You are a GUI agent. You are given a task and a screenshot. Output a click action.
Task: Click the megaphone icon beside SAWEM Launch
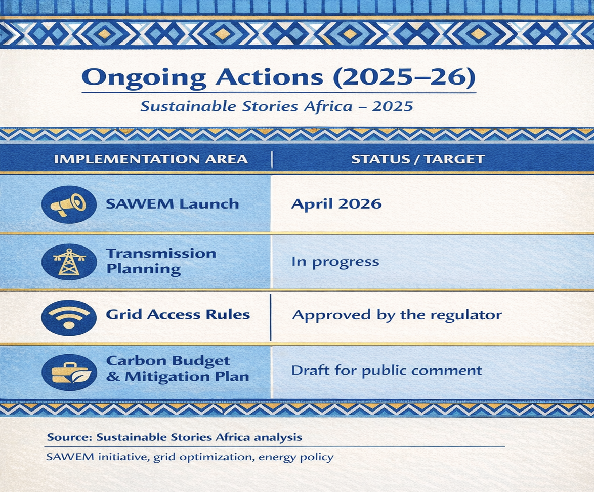pyautogui.click(x=69, y=204)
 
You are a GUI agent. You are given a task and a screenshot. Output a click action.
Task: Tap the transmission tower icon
pyautogui.click(x=69, y=262)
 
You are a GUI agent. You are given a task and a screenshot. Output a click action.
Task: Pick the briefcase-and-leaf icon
pyautogui.click(x=69, y=372)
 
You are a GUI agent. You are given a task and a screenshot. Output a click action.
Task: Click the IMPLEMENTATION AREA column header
pyautogui.click(x=151, y=159)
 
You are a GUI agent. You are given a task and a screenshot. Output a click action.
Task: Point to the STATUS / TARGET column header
pyautogui.click(x=418, y=159)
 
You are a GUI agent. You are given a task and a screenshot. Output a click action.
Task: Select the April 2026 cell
pyautogui.click(x=336, y=204)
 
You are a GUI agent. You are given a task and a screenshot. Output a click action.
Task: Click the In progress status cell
pyautogui.click(x=335, y=262)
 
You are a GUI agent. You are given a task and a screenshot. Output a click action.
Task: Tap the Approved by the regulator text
pyautogui.click(x=397, y=315)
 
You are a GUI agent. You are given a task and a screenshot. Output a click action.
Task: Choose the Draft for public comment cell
pyautogui.click(x=387, y=371)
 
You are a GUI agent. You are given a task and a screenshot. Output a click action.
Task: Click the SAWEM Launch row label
pyautogui.click(x=173, y=204)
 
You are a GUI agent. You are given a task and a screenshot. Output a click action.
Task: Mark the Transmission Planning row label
pyautogui.click(x=161, y=261)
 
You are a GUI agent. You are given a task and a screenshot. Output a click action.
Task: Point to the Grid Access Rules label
pyautogui.click(x=178, y=315)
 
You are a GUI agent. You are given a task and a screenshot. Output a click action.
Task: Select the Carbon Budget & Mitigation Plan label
pyautogui.click(x=178, y=369)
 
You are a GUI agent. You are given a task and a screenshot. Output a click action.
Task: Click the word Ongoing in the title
pyautogui.click(x=144, y=78)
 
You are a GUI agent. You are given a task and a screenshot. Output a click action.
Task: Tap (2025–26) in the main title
pyautogui.click(x=404, y=77)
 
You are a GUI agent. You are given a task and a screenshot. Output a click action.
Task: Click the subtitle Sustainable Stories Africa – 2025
pyautogui.click(x=277, y=106)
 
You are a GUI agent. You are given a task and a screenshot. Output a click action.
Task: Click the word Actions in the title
pyautogui.click(x=269, y=77)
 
